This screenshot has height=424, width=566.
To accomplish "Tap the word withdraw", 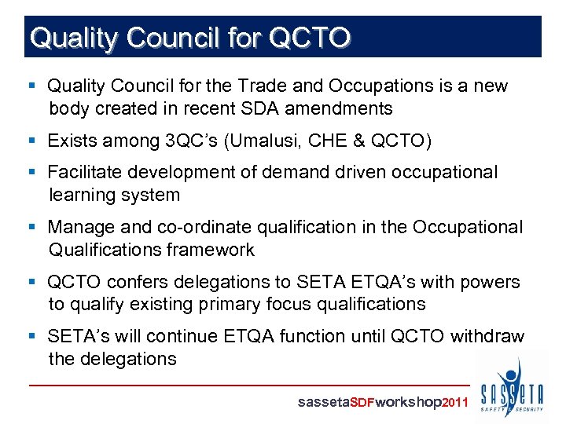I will tap(487, 336).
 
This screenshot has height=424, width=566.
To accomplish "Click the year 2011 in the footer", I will tap(456, 402).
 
